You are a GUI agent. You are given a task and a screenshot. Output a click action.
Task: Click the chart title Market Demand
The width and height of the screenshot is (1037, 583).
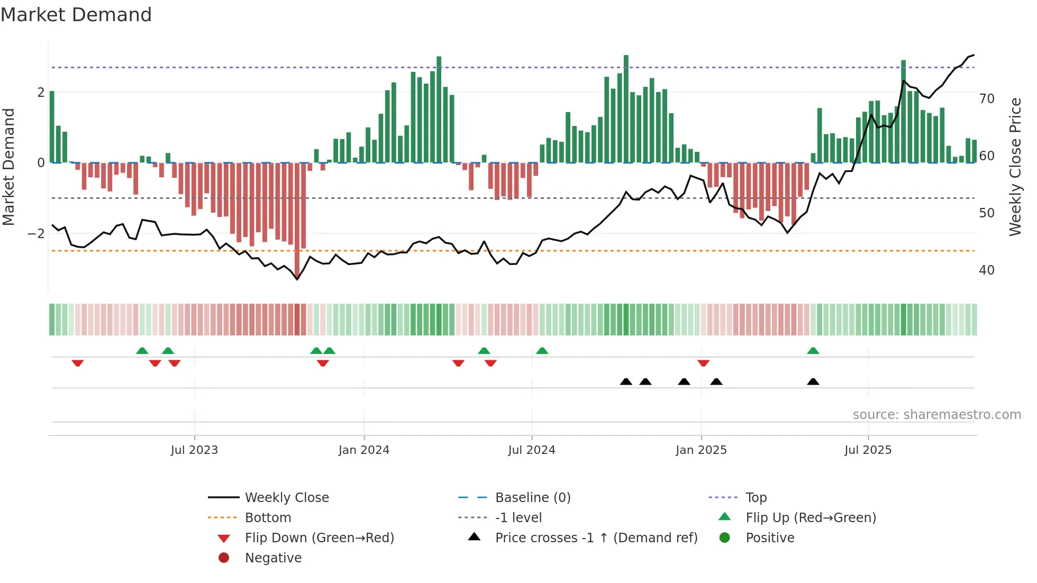pos(76,15)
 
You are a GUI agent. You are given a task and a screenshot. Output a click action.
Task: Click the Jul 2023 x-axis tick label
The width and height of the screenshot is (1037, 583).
pos(194,450)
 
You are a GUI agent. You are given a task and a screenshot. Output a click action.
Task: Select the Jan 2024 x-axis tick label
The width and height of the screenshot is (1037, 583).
pos(364,450)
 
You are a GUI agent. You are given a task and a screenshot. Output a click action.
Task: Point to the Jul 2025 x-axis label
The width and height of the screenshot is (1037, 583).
pos(868,450)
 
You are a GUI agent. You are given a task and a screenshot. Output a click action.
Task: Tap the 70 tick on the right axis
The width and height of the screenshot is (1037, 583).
pos(986,99)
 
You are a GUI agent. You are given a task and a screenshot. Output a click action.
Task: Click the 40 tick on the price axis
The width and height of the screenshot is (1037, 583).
pos(986,270)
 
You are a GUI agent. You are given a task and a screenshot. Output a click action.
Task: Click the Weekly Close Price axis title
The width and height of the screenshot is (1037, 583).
pos(1015,167)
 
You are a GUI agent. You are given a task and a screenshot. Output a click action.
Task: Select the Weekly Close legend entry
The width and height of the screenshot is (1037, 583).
pos(286,498)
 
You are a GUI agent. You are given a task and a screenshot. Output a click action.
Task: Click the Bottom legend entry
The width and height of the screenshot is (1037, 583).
pos(268,518)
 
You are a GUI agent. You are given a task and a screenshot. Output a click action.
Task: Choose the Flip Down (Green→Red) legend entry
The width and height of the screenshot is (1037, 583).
pos(319,538)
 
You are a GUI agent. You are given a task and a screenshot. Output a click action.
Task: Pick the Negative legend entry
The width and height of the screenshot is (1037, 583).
pos(273,558)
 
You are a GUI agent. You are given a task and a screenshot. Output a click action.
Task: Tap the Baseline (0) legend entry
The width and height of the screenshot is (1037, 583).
pos(532,498)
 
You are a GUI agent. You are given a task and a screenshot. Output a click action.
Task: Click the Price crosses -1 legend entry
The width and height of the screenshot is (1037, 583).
pos(596,538)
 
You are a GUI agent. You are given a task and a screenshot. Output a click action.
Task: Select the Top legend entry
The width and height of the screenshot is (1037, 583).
pos(756,498)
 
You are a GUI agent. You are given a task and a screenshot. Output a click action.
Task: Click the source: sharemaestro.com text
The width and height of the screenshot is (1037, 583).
pos(936,415)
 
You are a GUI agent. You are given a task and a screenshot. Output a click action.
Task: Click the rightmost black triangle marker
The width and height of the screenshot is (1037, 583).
pos(813,382)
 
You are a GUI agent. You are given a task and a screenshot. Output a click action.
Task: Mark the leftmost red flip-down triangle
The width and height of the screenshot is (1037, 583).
pos(78,363)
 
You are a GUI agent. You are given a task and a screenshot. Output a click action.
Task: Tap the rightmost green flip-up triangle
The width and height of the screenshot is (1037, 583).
pos(813,351)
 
